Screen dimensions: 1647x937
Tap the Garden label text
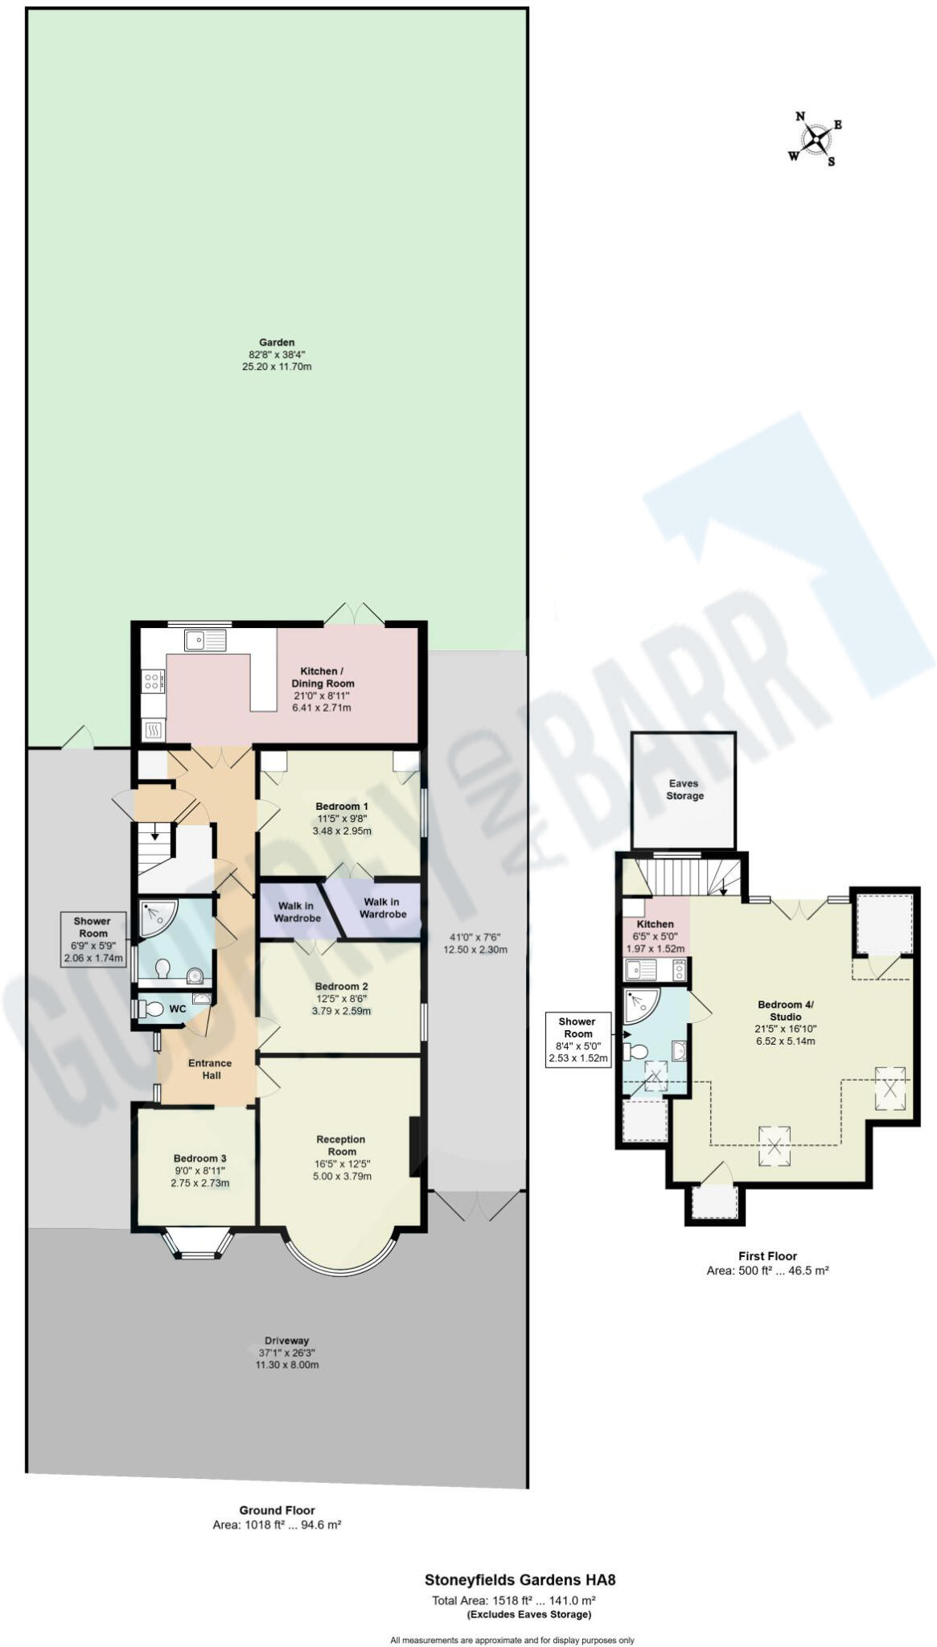coord(276,342)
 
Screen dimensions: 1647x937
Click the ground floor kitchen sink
coord(205,640)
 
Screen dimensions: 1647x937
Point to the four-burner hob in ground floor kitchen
coord(153,682)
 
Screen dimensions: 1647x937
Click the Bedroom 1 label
coord(342,807)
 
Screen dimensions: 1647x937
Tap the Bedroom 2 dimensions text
coord(341,1005)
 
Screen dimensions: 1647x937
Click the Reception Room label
coord(341,1145)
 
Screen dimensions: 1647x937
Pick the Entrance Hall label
coord(210,1069)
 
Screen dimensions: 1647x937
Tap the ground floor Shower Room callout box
coord(93,939)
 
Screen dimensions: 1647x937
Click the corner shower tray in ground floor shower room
coord(156,917)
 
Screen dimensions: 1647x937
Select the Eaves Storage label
coord(684,789)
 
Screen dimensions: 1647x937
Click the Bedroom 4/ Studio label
coord(785,1010)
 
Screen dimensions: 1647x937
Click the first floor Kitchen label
coord(655,924)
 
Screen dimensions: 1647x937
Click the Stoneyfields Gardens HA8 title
coord(520,1579)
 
